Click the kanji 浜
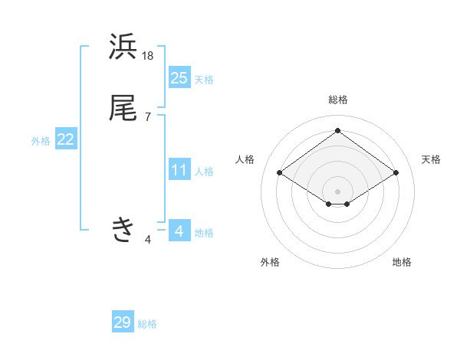(x=123, y=47)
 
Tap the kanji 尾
(x=123, y=108)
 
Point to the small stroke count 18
(x=148, y=56)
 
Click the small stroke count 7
(x=148, y=116)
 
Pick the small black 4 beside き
(x=148, y=240)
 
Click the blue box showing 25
(x=179, y=77)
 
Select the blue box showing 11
(x=179, y=170)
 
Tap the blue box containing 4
(x=179, y=231)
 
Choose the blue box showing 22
(x=66, y=139)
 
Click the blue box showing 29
(x=123, y=322)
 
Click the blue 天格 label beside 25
(x=204, y=80)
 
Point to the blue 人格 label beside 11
(x=204, y=172)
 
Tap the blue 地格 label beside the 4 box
(x=204, y=233)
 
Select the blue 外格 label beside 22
(x=41, y=141)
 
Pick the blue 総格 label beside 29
(x=147, y=325)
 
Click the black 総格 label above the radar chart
(x=337, y=100)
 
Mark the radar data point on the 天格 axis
(x=396, y=173)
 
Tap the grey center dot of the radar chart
(x=337, y=191)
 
